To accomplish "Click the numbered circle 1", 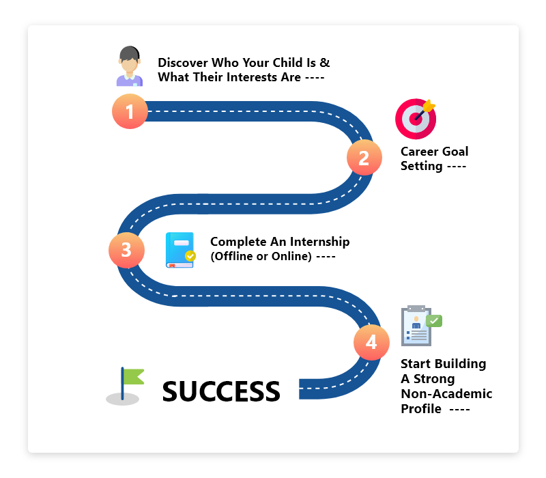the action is point(130,111).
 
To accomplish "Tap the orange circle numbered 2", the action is point(364,158).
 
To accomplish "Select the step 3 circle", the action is point(126,250).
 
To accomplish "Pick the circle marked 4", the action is point(371,342).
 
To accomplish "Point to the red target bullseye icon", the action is point(416,119).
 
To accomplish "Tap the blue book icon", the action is point(180,250).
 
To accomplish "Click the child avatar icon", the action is point(130,66).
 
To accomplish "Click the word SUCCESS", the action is point(221,391).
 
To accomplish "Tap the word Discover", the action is point(183,63).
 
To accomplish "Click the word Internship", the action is point(319,242).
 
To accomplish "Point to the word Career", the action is point(419,152).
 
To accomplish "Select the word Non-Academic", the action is point(447,394).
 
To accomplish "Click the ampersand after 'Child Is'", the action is point(325,63).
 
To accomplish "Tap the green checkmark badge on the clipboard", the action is point(434,321).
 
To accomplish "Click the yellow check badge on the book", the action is point(190,256).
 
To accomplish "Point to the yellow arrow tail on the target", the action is point(429,106).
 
